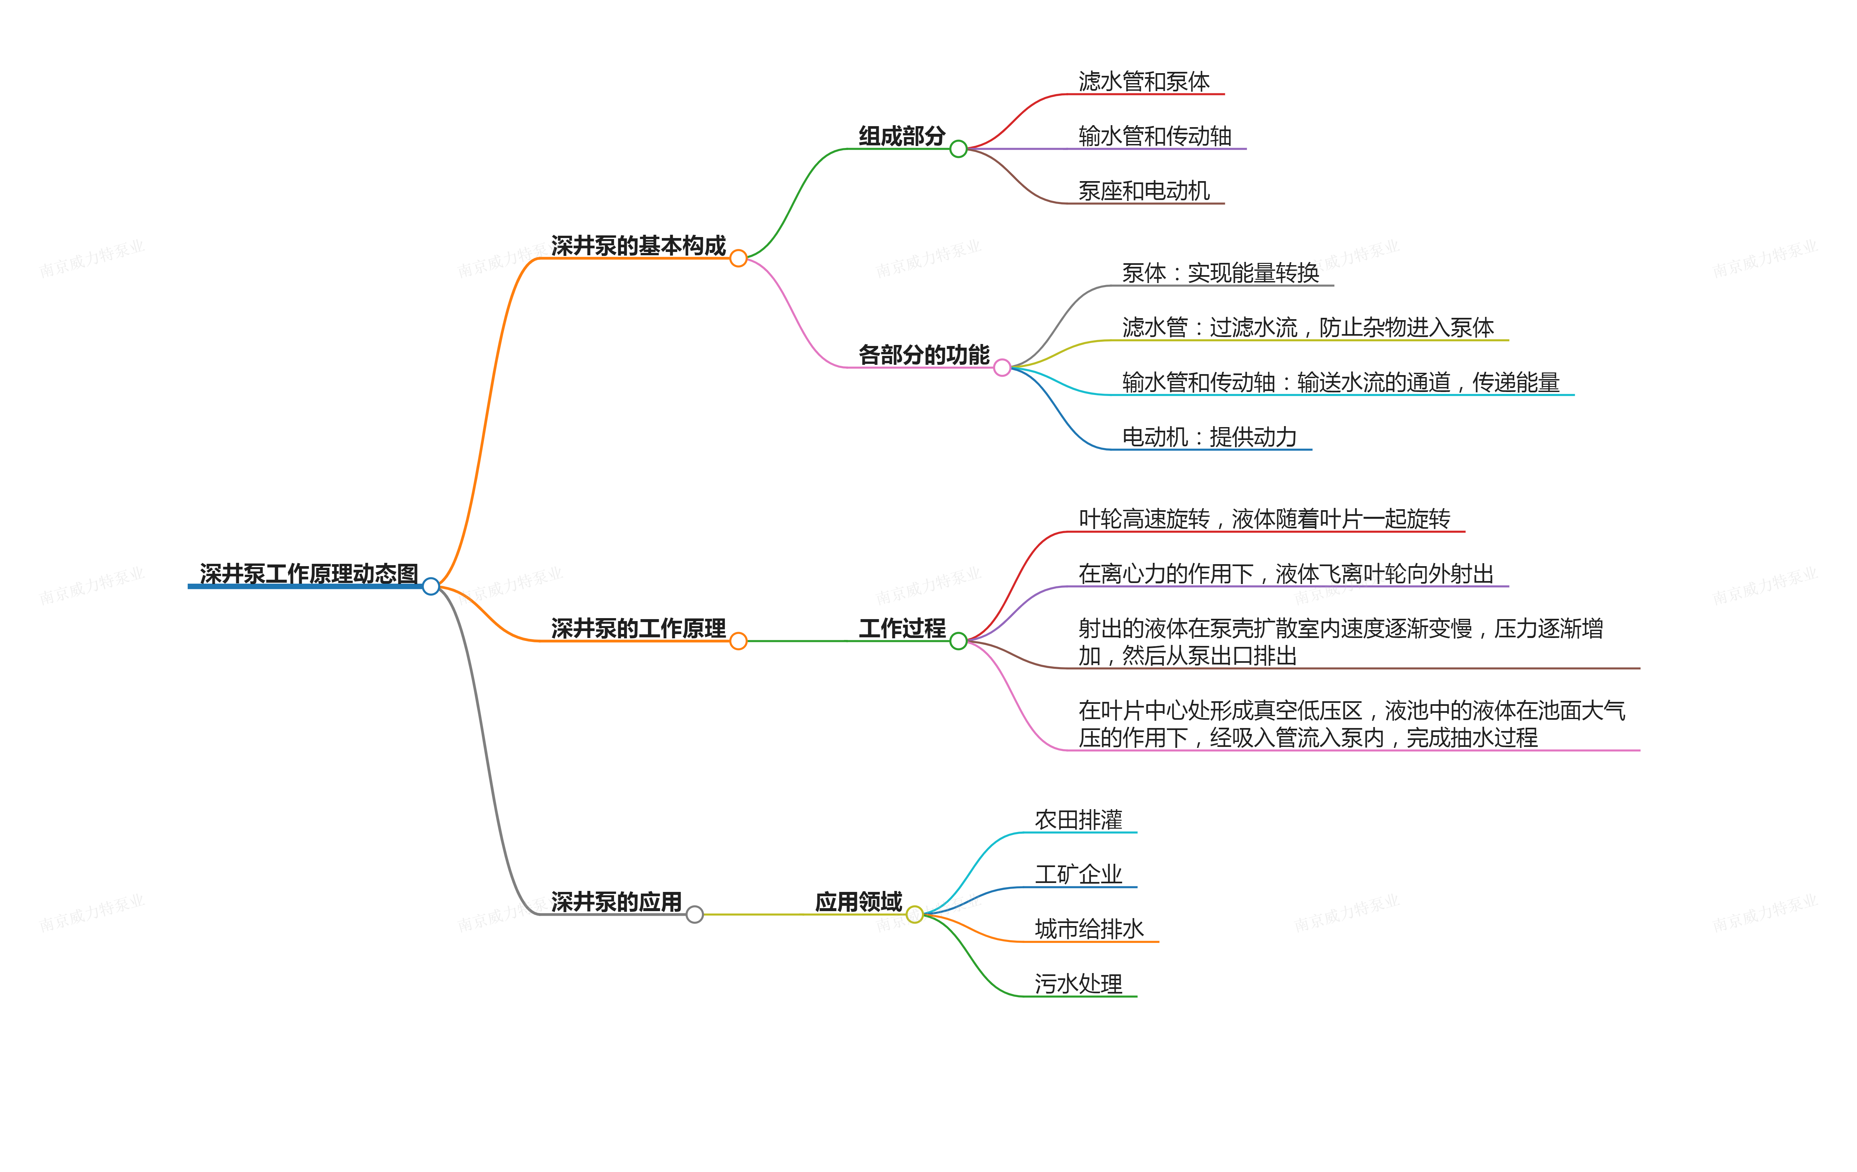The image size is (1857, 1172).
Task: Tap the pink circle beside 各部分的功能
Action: pyautogui.click(x=1002, y=368)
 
